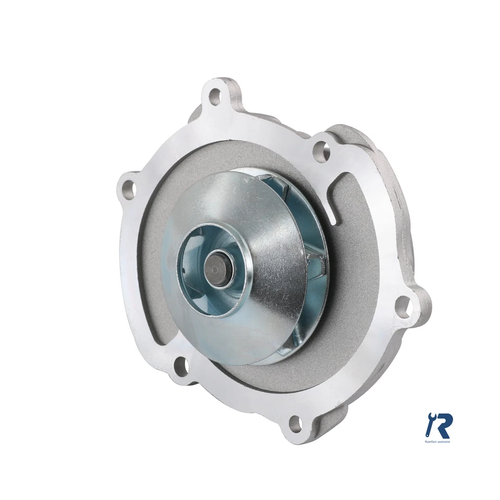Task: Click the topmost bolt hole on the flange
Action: (215, 95)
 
